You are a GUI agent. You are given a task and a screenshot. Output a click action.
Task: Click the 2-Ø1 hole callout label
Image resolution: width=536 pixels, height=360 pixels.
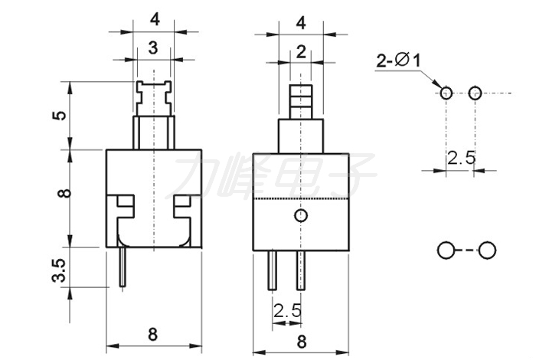[x=398, y=61]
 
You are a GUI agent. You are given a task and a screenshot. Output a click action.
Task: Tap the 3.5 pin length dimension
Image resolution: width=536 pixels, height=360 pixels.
[x=58, y=270]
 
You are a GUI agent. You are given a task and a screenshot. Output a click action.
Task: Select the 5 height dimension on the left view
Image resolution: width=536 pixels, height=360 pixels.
[x=59, y=116]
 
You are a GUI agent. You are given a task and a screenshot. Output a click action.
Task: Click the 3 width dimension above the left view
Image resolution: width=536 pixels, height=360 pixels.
[x=153, y=47]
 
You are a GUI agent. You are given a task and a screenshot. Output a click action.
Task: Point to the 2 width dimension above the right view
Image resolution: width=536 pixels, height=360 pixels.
[x=301, y=52]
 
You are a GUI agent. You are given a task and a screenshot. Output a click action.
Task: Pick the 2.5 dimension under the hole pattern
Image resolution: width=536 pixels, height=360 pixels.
[x=462, y=158]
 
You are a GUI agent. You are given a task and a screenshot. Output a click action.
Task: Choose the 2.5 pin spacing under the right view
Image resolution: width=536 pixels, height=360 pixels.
[x=287, y=311]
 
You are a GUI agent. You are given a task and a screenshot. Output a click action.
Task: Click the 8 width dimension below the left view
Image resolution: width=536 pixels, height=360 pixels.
[x=153, y=334]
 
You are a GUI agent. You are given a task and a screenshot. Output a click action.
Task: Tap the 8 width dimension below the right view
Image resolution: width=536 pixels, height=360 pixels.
[x=302, y=341]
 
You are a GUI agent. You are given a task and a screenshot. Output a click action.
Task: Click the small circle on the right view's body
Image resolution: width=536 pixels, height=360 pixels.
[x=301, y=215]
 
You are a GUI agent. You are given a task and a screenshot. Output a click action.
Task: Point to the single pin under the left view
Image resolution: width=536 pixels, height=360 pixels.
[x=123, y=267]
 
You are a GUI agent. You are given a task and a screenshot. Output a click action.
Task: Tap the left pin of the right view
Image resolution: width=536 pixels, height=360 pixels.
[x=272, y=270]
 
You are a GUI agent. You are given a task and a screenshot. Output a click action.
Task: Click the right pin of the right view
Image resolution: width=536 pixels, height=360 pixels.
[x=300, y=270]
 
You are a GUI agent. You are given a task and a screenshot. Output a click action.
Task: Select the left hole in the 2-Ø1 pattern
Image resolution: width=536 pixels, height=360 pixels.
[x=446, y=93]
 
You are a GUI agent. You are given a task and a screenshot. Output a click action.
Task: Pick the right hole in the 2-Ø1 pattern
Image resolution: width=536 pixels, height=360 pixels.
[x=475, y=93]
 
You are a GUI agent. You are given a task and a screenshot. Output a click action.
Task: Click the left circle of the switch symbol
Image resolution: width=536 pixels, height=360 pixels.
[x=446, y=250]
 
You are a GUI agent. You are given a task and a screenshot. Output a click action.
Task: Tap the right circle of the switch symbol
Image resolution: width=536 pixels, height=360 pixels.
[x=487, y=250]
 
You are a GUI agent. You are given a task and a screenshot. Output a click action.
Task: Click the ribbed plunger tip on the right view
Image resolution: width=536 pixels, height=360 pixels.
[x=301, y=102]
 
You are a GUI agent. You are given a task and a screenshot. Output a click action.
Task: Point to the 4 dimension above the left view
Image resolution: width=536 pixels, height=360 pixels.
[x=155, y=20]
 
